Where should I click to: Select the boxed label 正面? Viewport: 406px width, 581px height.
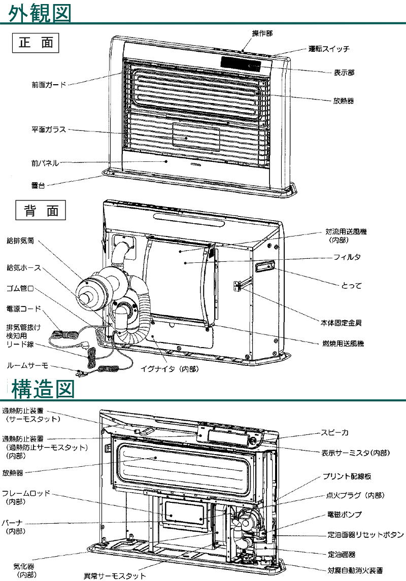tap(36, 43)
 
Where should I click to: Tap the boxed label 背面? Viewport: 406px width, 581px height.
tap(42, 211)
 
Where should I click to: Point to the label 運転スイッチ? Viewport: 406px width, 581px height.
tap(329, 49)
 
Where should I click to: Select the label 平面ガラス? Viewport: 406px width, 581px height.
tap(49, 130)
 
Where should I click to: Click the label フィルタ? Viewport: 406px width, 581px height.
tap(348, 257)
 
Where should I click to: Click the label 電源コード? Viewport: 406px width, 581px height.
tap(24, 308)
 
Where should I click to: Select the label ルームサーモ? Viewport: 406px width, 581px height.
tap(28, 365)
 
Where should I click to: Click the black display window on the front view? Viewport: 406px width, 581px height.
tap(241, 63)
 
